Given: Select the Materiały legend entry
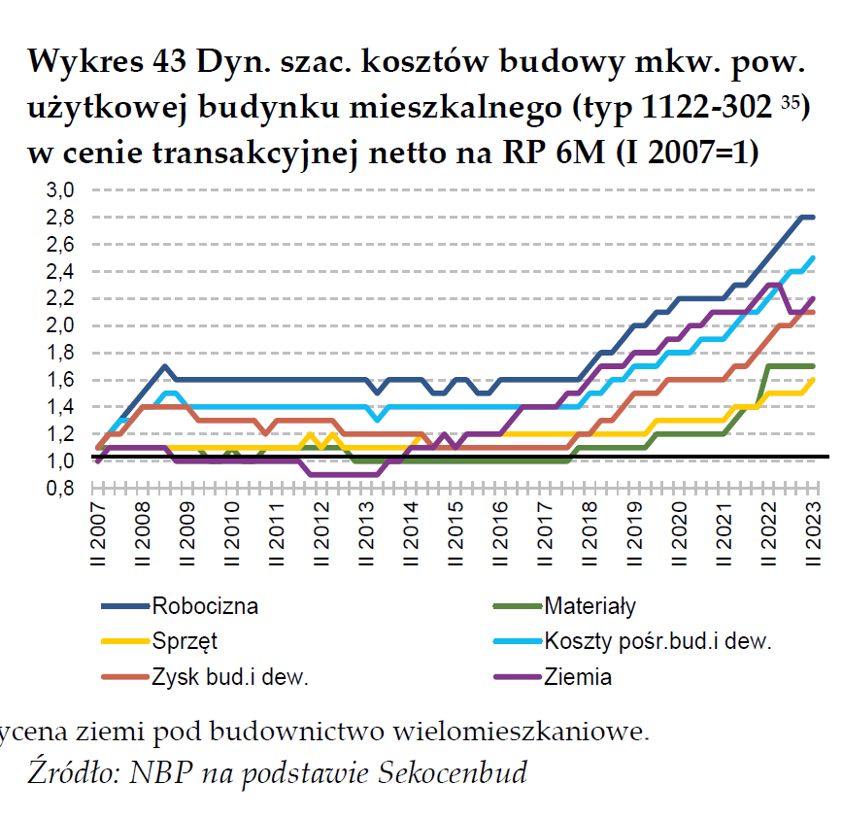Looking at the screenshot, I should pos(590,607).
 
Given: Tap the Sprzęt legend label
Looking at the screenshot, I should pos(184,641).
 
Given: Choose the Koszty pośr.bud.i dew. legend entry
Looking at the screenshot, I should pos(658,641).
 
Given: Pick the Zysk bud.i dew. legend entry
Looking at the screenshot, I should pos(229,677).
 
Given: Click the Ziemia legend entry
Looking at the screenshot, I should pos(578,677).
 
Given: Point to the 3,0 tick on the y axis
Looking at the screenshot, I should pos(61,190).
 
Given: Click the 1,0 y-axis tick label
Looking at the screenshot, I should pos(61,461).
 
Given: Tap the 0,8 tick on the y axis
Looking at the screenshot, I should pos(61,489).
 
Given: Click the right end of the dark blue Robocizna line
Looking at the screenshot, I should pos(813,217).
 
